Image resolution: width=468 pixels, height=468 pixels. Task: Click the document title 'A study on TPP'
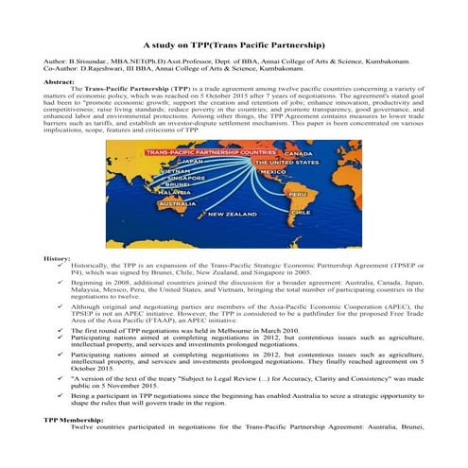[234, 44]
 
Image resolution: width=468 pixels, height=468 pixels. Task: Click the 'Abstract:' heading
[59, 83]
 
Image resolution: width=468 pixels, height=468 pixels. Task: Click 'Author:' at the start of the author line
[56, 60]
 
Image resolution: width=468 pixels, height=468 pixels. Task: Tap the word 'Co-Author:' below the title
[62, 68]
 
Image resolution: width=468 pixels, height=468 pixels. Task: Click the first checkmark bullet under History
[61, 266]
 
